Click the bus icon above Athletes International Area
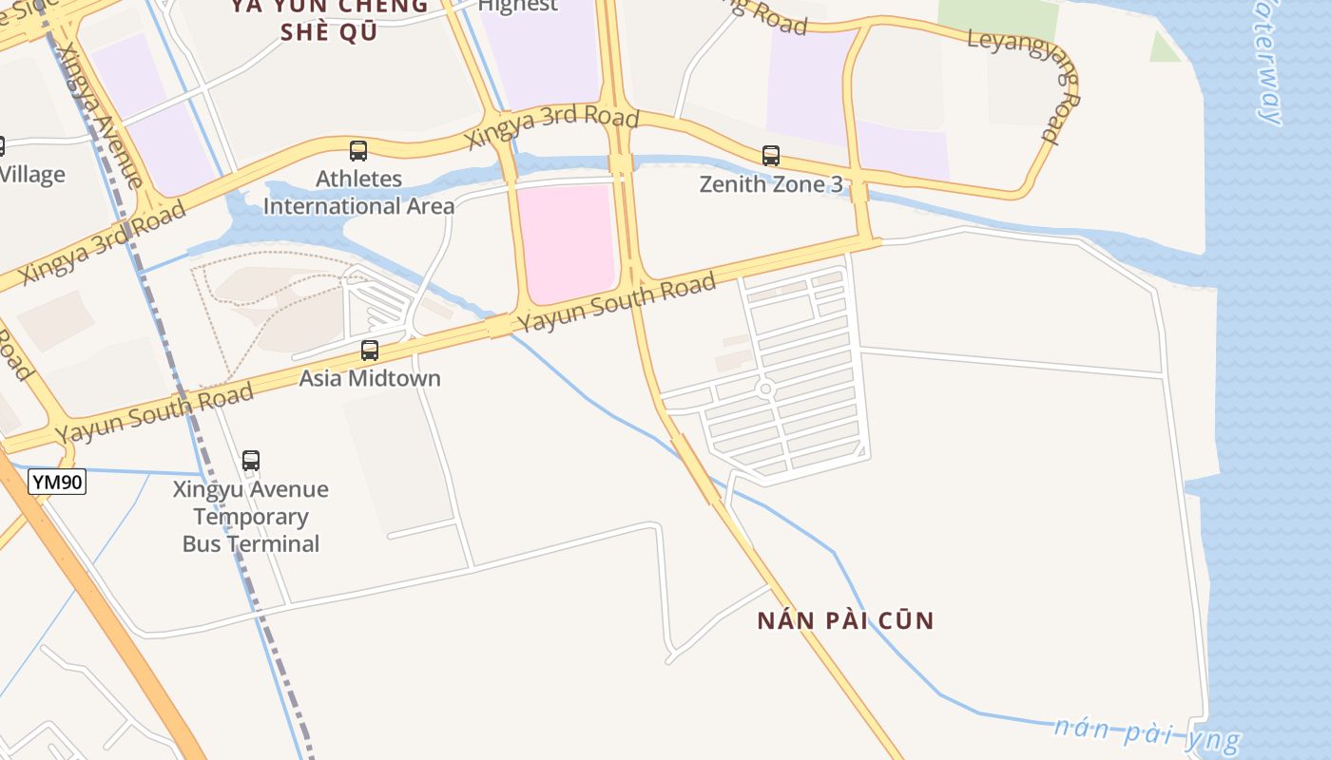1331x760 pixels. [358, 150]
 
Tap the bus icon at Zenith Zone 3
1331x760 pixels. [771, 155]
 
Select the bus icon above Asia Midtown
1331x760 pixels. [370, 351]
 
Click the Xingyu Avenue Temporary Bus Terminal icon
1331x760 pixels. [251, 461]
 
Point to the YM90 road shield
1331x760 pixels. [57, 482]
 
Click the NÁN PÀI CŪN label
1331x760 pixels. [845, 621]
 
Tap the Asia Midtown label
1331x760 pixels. [370, 378]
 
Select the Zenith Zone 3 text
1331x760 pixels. [771, 184]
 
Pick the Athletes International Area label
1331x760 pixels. [358, 192]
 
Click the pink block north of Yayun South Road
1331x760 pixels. [568, 240]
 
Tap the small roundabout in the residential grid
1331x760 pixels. [766, 389]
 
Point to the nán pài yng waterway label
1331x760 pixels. [1146, 732]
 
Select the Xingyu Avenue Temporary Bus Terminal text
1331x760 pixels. [251, 517]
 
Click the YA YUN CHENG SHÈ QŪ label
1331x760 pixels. [329, 19]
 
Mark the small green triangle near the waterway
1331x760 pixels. [1164, 47]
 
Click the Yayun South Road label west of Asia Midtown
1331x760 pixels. [154, 413]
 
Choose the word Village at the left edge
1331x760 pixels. [32, 175]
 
